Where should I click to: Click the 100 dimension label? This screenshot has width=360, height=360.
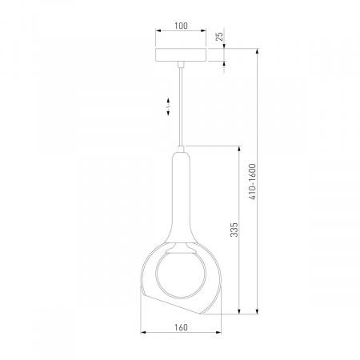coord(181,26)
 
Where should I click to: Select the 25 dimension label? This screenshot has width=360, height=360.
coord(219,37)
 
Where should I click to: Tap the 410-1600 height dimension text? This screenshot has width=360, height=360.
coord(252,182)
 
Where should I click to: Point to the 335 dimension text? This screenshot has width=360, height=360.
coord(234,230)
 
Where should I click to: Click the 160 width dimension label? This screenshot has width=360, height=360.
coord(181,327)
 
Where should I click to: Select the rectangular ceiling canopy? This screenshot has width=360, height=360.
coord(181,55)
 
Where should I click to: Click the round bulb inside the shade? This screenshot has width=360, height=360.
coord(181,274)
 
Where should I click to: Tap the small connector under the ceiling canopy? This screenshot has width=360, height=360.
coord(181,64)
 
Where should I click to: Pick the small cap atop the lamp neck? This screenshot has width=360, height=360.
coord(181,149)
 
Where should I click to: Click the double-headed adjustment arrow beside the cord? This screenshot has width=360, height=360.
coord(168,107)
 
